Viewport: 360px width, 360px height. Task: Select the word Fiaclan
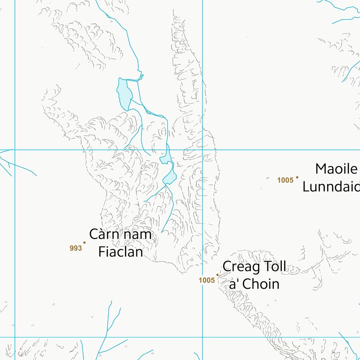[x=120, y=252]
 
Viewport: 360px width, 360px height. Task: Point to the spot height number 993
[x=75, y=248]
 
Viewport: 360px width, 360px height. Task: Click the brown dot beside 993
[x=84, y=242]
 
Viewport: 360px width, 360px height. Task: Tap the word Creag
[x=238, y=267]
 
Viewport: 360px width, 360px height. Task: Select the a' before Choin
[x=235, y=284]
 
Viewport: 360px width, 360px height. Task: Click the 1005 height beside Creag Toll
[x=206, y=280]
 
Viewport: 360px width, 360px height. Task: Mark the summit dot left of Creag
[x=217, y=275]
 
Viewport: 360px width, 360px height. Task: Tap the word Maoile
[x=336, y=169]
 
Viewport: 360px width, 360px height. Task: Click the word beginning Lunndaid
[x=331, y=186]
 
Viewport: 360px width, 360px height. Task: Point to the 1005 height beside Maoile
[x=285, y=180]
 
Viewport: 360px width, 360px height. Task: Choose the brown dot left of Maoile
[x=297, y=177]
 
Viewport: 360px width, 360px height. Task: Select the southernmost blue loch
[x=170, y=177]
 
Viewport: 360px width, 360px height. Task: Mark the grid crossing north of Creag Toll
[x=202, y=150]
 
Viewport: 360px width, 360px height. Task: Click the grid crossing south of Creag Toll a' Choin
[x=202, y=337]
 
